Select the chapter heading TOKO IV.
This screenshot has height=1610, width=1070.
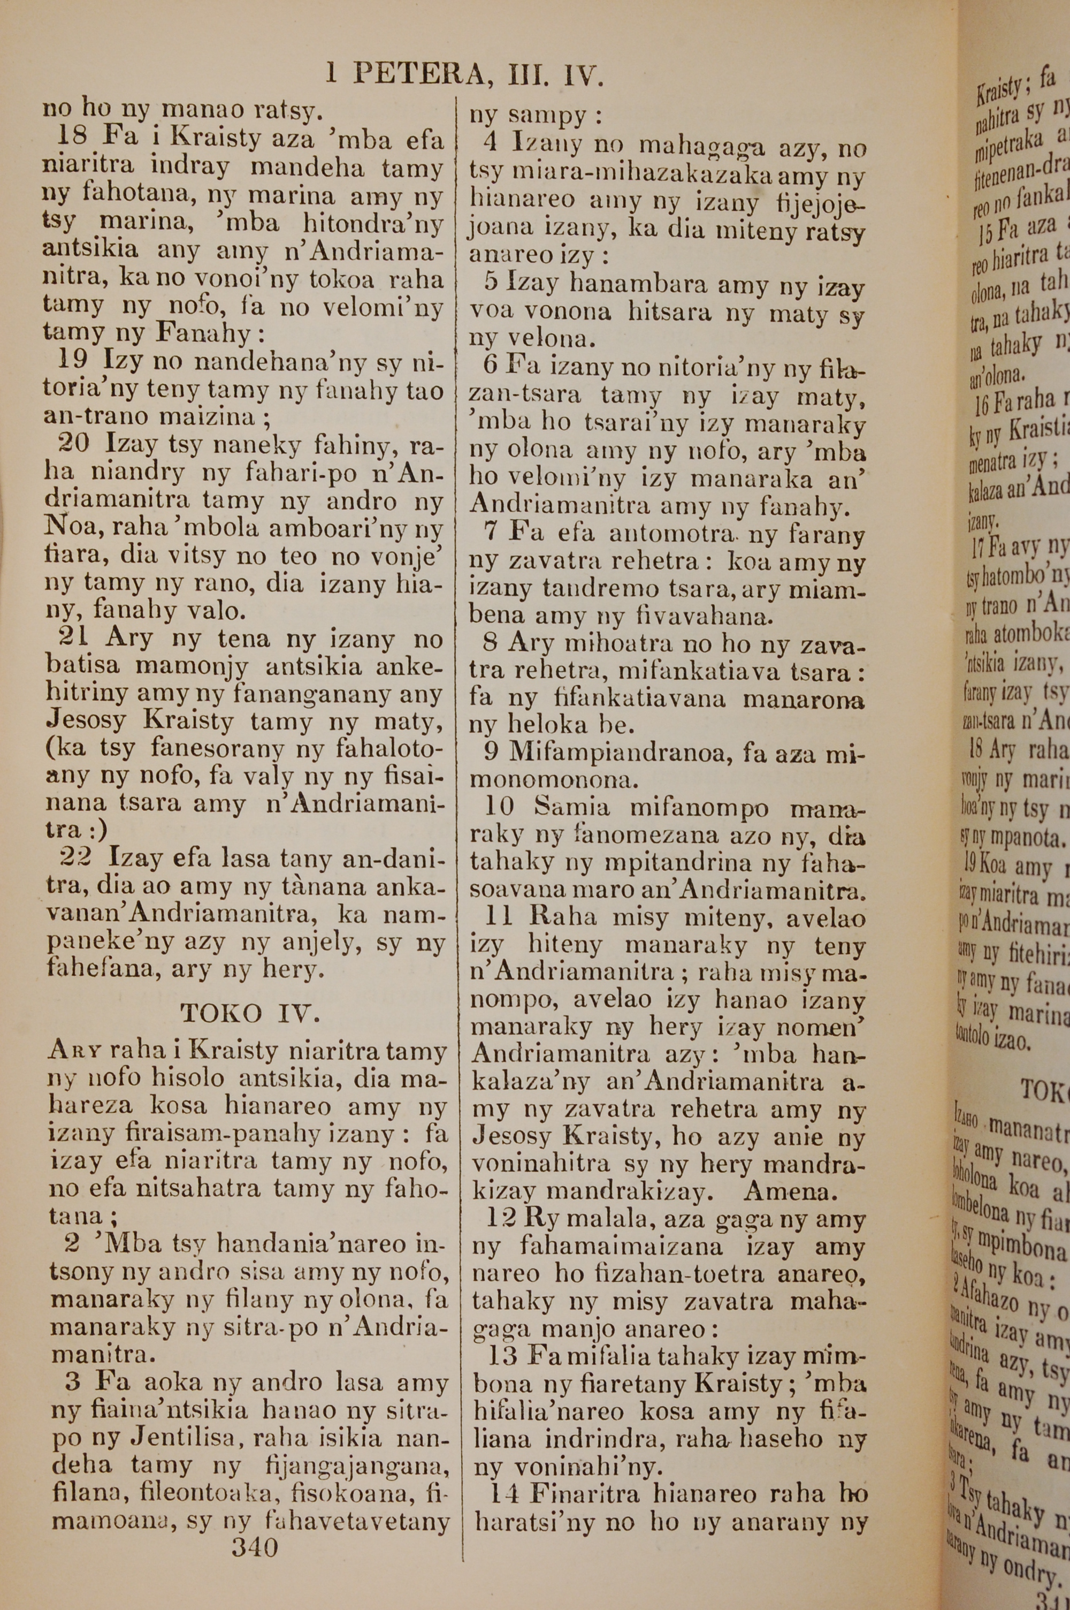click(x=250, y=1014)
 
